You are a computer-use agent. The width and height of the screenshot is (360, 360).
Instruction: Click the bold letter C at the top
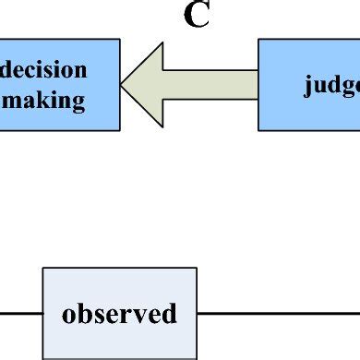(x=197, y=16)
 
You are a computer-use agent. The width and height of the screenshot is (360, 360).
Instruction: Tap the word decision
(x=54, y=70)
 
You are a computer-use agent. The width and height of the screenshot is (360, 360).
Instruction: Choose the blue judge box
(x=308, y=84)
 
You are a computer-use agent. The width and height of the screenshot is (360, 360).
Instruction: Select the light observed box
(x=119, y=313)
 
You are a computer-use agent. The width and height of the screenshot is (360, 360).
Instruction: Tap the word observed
(x=119, y=313)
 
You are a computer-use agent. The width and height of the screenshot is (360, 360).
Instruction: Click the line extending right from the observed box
(x=277, y=313)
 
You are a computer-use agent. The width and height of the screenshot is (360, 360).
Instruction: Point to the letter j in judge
(x=309, y=86)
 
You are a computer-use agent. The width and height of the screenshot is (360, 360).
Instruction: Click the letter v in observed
(x=135, y=314)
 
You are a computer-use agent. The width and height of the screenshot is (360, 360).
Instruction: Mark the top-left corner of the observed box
(x=43, y=269)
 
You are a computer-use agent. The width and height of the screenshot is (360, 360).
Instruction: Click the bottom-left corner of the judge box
(x=258, y=129)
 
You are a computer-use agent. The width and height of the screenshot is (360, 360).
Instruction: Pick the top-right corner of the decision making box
(x=119, y=40)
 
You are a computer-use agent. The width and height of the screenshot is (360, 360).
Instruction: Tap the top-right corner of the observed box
(x=196, y=269)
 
